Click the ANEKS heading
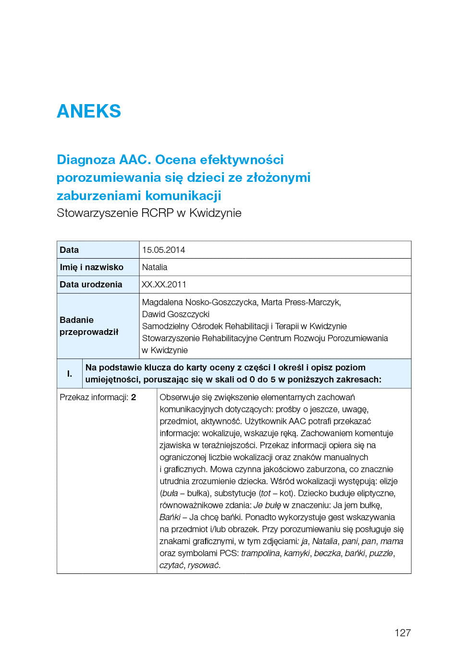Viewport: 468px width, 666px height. [x=89, y=111]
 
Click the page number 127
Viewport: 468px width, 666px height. [x=402, y=632]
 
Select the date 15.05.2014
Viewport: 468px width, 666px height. [x=163, y=250]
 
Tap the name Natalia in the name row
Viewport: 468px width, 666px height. [x=155, y=267]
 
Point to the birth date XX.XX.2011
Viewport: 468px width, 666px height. [x=164, y=284]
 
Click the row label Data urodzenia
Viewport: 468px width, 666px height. [x=91, y=284]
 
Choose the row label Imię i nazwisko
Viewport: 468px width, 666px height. [x=91, y=267]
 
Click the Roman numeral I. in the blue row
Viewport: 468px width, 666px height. [x=70, y=373]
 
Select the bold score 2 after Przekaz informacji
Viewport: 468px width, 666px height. [x=134, y=397]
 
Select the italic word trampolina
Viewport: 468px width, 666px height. [x=260, y=553]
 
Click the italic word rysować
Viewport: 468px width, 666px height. [x=204, y=565]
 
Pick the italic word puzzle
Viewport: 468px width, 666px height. [x=381, y=553]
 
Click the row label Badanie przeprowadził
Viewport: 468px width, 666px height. [x=88, y=326]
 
